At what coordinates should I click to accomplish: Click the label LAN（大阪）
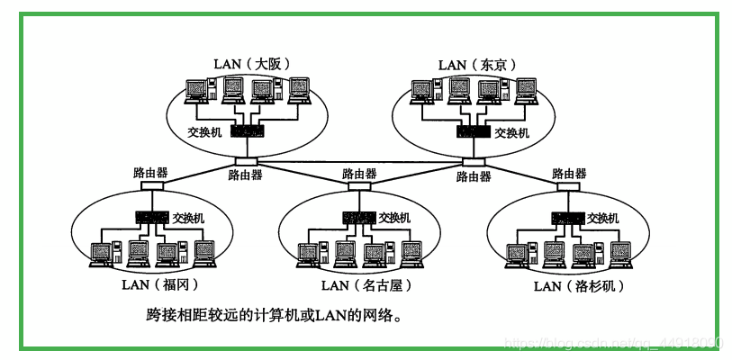tap(251, 64)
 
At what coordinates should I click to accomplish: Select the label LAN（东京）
tap(476, 64)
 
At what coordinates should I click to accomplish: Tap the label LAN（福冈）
tap(158, 285)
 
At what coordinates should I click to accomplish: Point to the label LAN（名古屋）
tap(359, 285)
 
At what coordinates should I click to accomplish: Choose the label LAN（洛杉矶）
tap(578, 286)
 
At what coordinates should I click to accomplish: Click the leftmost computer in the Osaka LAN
tap(196, 90)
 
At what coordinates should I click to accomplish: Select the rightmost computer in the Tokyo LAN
tap(524, 90)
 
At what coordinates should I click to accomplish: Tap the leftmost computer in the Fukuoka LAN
tap(102, 255)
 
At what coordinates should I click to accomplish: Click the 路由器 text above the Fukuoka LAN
tap(150, 172)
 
